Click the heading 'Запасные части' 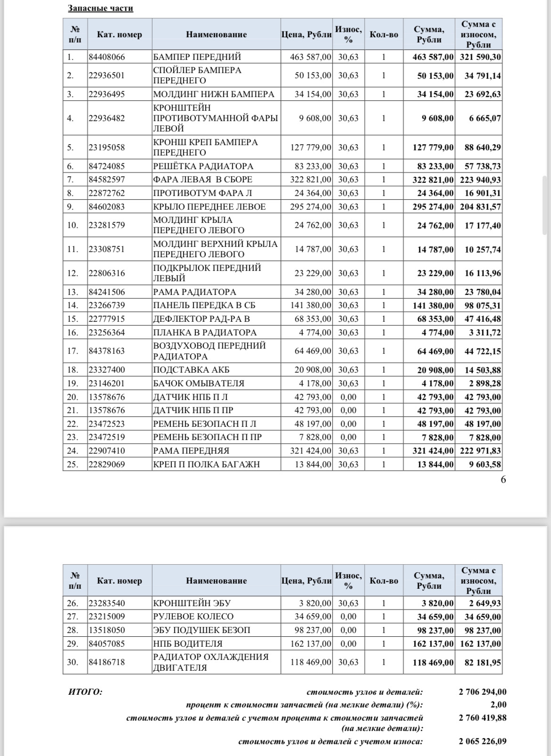point(100,8)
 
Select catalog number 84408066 point(107,57)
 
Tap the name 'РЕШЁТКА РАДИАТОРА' point(203,166)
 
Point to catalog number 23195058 point(107,147)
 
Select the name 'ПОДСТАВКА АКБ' point(191,370)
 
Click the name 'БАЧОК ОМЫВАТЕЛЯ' point(199,383)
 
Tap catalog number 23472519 point(107,437)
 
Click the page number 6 point(503,480)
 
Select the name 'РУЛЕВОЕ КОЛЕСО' point(193,617)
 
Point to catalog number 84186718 point(107,662)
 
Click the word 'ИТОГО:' point(85,692)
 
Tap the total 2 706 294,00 point(482,692)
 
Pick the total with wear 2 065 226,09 point(482,741)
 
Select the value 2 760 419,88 point(482,718)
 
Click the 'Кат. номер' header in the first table point(119,34)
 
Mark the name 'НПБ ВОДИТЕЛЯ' point(187,644)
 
